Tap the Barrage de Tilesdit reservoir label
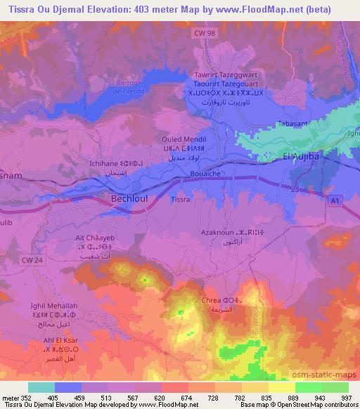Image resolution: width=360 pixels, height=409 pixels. (125, 84)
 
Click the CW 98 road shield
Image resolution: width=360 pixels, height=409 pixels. (202, 32)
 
